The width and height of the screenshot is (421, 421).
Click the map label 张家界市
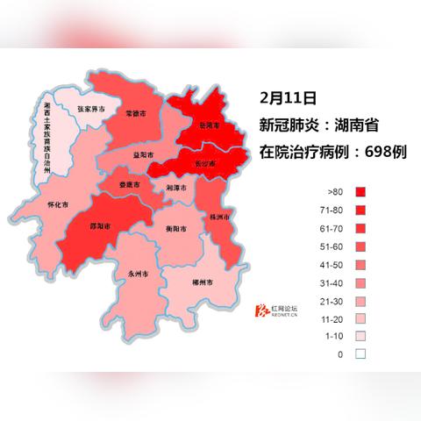point(91,110)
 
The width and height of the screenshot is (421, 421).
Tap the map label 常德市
point(135,114)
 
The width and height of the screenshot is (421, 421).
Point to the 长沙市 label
point(206,164)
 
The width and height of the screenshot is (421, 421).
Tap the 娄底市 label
point(131,185)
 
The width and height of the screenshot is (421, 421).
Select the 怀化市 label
point(58,204)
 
